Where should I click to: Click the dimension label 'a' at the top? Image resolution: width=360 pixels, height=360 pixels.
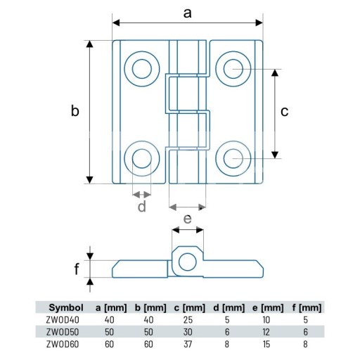[187, 13]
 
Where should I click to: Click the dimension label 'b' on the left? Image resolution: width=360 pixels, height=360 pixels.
[75, 110]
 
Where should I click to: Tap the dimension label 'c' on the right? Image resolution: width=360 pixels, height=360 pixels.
[284, 112]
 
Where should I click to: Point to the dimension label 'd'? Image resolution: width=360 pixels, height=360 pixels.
[142, 206]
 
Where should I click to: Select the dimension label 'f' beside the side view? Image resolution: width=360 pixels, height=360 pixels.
[77, 269]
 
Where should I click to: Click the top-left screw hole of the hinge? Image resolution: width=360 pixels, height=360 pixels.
[142, 69]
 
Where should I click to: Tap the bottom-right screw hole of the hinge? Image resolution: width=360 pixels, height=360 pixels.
[233, 159]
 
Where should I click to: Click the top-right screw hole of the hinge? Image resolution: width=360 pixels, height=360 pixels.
[233, 69]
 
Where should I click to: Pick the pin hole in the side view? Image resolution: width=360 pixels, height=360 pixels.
[188, 262]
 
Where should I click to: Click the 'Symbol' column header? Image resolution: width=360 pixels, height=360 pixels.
[66, 307]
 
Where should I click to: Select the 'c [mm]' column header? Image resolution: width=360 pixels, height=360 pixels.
[189, 308]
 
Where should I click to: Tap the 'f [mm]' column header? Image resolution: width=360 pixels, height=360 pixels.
[307, 308]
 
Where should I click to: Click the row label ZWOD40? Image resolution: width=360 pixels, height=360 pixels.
[63, 320]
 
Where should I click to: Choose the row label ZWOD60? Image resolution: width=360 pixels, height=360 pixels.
[63, 345]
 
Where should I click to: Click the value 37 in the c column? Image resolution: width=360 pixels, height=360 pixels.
[188, 345]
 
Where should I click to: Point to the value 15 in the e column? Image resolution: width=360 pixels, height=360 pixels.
[266, 345]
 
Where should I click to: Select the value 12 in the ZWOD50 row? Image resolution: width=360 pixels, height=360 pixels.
[266, 332]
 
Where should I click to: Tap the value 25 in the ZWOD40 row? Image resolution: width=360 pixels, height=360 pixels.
[188, 320]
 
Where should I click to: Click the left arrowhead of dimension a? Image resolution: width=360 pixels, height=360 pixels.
[116, 22]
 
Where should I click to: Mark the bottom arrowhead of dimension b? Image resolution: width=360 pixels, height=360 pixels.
[89, 180]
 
